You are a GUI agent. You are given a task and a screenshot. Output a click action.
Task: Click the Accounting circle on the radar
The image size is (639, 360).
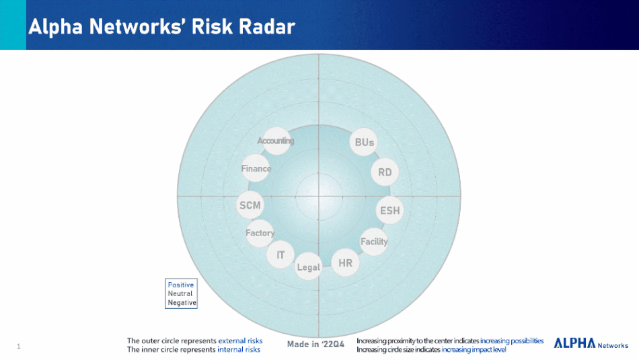tap(276, 141)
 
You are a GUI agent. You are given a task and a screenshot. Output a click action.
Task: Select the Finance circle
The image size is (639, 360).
tap(256, 168)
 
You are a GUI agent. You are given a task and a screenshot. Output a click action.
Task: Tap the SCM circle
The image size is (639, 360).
tap(250, 205)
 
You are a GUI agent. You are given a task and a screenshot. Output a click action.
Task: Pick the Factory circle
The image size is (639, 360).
tap(260, 233)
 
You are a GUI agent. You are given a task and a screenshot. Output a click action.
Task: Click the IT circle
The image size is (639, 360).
tap(280, 255)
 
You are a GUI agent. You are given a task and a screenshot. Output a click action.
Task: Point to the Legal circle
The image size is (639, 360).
tap(309, 266)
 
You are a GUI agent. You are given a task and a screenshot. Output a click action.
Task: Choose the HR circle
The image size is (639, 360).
tap(345, 263)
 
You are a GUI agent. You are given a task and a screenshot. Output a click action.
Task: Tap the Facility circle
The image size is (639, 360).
tap(374, 242)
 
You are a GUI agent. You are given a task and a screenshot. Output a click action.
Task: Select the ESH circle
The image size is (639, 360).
tap(389, 211)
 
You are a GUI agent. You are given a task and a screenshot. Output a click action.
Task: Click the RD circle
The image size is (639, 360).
tap(385, 172)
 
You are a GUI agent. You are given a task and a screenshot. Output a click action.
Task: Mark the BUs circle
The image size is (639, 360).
tap(364, 142)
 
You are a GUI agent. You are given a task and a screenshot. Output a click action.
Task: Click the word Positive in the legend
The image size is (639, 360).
tap(180, 285)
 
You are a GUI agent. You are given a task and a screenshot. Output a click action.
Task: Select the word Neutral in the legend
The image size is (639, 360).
tap(180, 293)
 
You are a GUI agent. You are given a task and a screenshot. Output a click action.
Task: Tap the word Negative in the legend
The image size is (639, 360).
tap(182, 303)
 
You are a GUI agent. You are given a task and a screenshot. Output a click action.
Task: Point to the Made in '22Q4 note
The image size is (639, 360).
tap(316, 344)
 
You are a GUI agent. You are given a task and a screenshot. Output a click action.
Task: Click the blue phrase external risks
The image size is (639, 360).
tap(240, 340)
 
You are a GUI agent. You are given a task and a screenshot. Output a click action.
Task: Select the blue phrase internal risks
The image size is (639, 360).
tap(239, 349)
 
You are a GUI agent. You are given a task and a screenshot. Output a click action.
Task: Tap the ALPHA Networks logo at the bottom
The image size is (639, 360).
tap(591, 343)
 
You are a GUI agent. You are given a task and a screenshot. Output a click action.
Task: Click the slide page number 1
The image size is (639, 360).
tap(18, 346)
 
